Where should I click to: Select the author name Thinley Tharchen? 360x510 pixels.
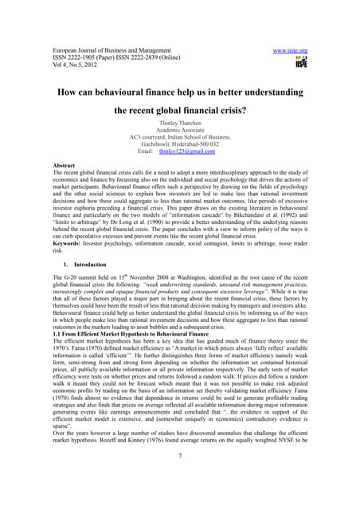point(180,123)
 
